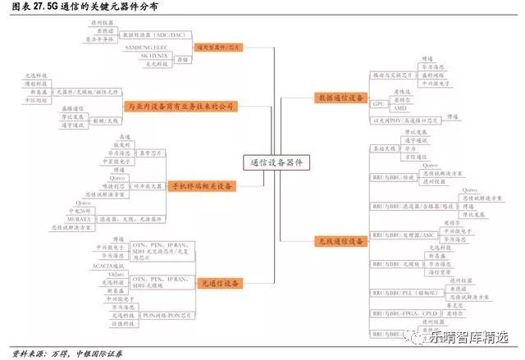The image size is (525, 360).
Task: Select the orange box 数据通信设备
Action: click(x=339, y=98)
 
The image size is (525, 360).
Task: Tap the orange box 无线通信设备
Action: click(x=339, y=242)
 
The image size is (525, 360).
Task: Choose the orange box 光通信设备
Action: click(x=220, y=283)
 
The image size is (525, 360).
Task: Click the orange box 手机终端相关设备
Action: click(x=201, y=186)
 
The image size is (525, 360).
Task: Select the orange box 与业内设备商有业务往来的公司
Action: click(x=181, y=107)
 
